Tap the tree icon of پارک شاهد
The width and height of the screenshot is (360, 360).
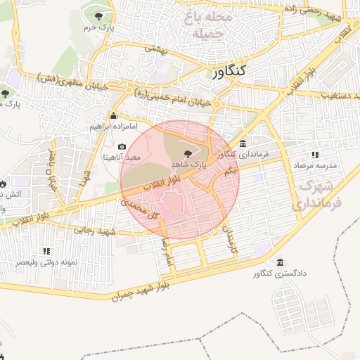[187, 154]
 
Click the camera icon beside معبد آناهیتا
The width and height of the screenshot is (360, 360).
[122, 147]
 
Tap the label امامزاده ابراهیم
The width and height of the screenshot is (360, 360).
[112, 127]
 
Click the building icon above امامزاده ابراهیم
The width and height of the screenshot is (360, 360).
[112, 117]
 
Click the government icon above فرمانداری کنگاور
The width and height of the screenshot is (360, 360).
[243, 143]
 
